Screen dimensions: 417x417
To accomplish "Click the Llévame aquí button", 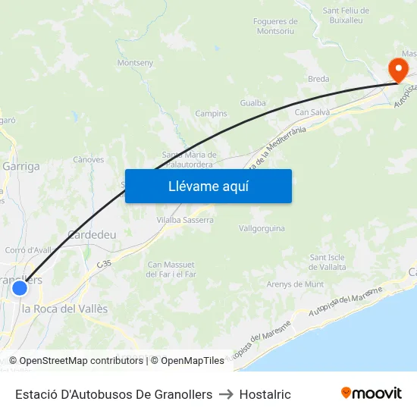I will click(208, 186).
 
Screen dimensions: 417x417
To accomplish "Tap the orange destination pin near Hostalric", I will click(397, 71).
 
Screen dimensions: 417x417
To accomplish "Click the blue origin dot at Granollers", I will click(20, 288).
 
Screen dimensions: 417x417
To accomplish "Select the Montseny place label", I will click(136, 63).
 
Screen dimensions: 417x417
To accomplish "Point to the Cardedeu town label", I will click(92, 235).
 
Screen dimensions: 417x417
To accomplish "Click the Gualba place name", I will click(252, 103).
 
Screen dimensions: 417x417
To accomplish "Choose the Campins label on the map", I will click(212, 114).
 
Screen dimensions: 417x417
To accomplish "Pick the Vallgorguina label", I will click(262, 228).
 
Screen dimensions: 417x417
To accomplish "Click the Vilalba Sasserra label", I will click(185, 220).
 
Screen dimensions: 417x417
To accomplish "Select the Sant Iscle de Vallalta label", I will click(328, 262).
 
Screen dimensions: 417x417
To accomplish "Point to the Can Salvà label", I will click(311, 113).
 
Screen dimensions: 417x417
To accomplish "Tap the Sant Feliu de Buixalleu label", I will click(346, 15).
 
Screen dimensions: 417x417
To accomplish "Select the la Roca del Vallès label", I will click(64, 309).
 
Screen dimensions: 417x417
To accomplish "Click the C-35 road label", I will click(104, 262).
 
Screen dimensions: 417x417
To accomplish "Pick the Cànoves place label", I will click(88, 160).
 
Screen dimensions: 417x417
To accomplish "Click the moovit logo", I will click(372, 393).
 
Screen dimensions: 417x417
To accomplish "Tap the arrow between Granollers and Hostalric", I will click(226, 394).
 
